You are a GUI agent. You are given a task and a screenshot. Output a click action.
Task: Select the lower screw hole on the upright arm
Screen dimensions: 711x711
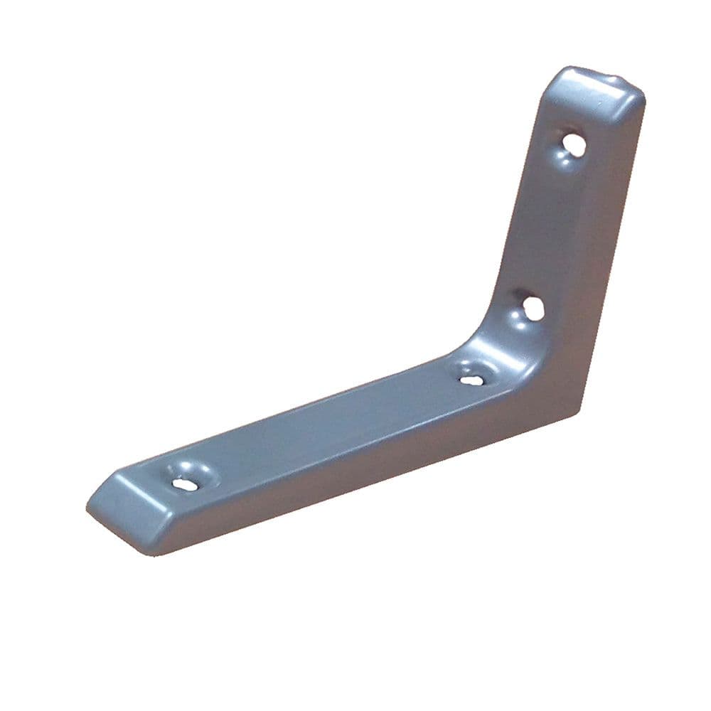click(533, 307)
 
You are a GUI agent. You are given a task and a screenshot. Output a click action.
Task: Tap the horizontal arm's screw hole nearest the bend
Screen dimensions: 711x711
click(471, 379)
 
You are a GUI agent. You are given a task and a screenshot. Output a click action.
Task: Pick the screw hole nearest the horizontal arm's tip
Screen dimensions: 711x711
click(184, 483)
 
